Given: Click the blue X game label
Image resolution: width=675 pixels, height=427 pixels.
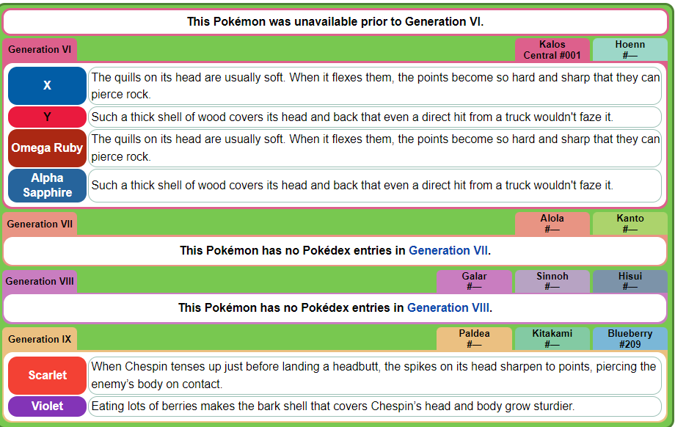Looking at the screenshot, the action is pyautogui.click(x=48, y=86).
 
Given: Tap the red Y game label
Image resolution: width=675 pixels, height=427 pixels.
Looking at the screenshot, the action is pyautogui.click(x=48, y=117).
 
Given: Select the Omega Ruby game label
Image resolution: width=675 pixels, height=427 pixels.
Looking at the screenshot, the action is pyautogui.click(x=48, y=148).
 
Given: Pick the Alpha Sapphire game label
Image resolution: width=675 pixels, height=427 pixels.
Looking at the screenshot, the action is pyautogui.click(x=48, y=186).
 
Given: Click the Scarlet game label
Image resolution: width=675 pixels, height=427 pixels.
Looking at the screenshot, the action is pyautogui.click(x=48, y=376).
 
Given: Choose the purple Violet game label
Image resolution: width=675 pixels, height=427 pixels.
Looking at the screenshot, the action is pyautogui.click(x=48, y=406).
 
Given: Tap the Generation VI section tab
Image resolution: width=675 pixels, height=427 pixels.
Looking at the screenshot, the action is pyautogui.click(x=40, y=49).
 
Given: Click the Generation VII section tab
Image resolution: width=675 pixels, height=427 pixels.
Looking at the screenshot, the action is pyautogui.click(x=40, y=224).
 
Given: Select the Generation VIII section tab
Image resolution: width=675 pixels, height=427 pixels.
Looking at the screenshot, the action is pyautogui.click(x=40, y=281).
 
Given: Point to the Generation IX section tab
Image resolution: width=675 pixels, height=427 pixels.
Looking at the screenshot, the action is pyautogui.click(x=40, y=339).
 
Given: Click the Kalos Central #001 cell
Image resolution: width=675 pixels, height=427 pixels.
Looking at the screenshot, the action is pyautogui.click(x=552, y=50).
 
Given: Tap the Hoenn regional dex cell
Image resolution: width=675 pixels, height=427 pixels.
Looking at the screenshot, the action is pyautogui.click(x=630, y=50).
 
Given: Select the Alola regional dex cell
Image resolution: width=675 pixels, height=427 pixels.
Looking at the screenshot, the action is pyautogui.click(x=552, y=223).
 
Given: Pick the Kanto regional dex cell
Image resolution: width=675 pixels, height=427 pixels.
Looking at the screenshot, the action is pyautogui.click(x=630, y=223).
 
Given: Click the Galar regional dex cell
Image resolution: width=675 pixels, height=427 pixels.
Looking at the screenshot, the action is pyautogui.click(x=475, y=281).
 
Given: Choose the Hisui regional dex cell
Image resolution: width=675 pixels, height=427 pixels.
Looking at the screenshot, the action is pyautogui.click(x=630, y=281).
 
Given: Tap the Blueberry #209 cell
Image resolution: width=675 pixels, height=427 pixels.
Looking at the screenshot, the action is pyautogui.click(x=630, y=339).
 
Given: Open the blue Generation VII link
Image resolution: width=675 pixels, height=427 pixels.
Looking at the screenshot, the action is pyautogui.click(x=448, y=250).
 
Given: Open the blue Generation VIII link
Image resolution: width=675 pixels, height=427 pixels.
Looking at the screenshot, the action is pyautogui.click(x=448, y=307).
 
